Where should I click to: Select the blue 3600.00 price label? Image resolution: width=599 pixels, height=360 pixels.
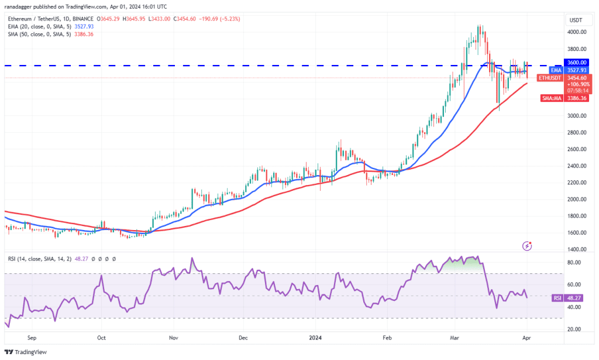(577, 63)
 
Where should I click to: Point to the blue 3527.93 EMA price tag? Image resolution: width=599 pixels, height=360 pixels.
(577, 70)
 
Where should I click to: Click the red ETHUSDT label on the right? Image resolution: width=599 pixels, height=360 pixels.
(550, 77)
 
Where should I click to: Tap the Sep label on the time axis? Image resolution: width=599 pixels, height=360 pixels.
(32, 338)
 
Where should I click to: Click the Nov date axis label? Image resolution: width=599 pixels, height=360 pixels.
(173, 338)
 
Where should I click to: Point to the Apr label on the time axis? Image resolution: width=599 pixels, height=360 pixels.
(526, 338)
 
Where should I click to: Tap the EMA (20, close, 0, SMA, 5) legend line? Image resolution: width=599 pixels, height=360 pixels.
(44, 26)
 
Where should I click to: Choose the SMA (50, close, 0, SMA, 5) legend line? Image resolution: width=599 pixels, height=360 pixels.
(44, 34)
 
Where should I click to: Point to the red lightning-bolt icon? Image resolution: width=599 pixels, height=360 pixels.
(528, 246)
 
